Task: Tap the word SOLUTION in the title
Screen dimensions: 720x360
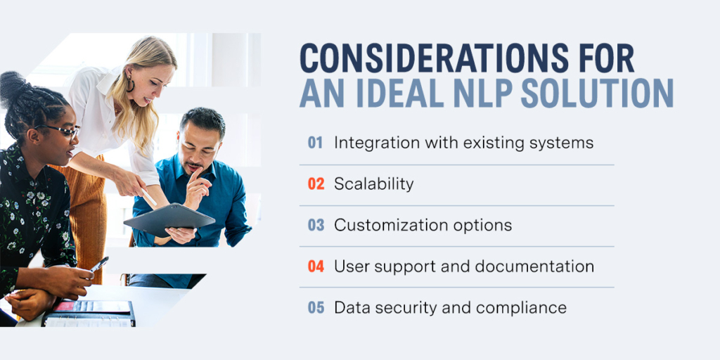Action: click(597, 93)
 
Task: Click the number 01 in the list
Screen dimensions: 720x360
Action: click(316, 143)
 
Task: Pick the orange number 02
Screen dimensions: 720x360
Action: click(316, 184)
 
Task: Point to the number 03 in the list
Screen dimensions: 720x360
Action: click(316, 225)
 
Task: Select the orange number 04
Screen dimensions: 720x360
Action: click(316, 266)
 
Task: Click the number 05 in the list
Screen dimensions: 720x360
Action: click(316, 307)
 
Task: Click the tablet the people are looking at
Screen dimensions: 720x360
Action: click(169, 219)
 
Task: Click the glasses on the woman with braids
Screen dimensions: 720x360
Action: click(62, 130)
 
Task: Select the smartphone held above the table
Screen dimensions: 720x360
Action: click(98, 264)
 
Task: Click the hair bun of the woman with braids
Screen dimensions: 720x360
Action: click(14, 86)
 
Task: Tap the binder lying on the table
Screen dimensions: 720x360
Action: click(88, 313)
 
